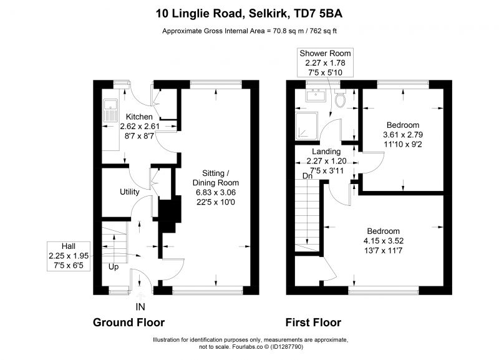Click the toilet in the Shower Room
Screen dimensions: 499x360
click(x=340, y=98)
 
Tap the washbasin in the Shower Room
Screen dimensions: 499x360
click(x=316, y=95)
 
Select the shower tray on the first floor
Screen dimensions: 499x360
click(x=306, y=126)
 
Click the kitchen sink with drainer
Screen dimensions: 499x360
click(x=110, y=110)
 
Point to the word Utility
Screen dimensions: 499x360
click(x=130, y=192)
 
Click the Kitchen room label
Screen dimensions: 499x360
click(x=139, y=117)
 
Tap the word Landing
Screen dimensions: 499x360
click(x=326, y=152)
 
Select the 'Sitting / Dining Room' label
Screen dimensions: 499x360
click(x=216, y=178)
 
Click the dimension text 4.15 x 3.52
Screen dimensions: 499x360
click(x=384, y=241)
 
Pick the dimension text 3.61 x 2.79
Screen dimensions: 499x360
click(x=403, y=134)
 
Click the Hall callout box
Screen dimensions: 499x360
click(x=69, y=256)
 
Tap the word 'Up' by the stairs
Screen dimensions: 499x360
click(x=114, y=267)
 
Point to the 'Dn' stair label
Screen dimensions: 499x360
click(x=308, y=176)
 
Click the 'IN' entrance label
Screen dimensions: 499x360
click(x=140, y=307)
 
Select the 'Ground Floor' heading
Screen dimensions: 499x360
click(x=129, y=323)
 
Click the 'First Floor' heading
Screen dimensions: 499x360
click(x=313, y=323)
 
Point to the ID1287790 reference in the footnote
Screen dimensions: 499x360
click(x=286, y=347)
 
